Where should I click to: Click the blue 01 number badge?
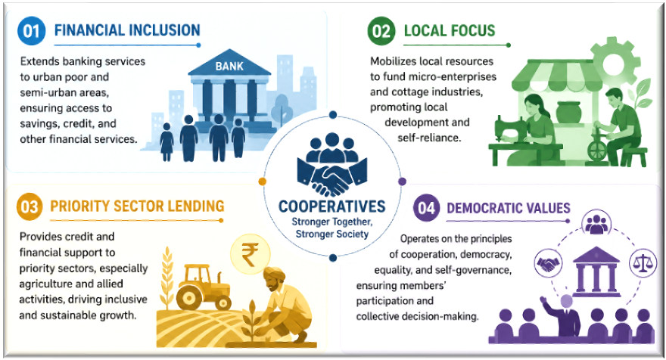31,31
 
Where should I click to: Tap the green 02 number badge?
381,31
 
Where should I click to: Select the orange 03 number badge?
30,206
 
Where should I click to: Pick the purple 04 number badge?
426,207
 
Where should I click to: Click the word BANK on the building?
229,67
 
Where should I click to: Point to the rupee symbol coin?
251,254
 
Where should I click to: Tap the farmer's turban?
275,276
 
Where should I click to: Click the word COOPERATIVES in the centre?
332,206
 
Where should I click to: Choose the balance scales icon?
643,263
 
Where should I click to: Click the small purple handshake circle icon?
548,263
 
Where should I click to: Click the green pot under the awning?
569,113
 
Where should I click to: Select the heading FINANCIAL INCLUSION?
127,30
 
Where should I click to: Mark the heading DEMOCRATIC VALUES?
509,208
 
